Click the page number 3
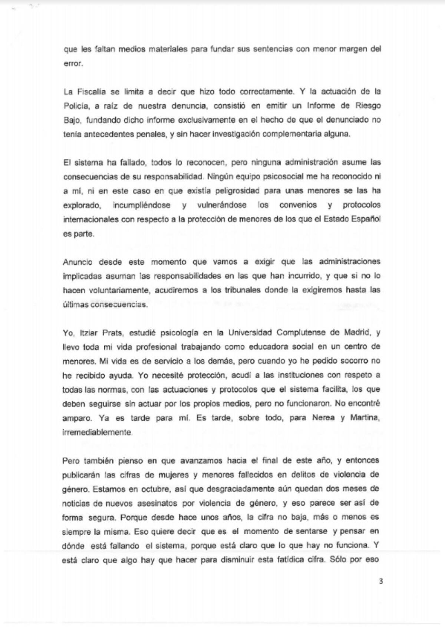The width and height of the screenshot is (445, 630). pyautogui.click(x=380, y=581)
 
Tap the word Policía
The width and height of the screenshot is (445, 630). pyautogui.click(x=76, y=106)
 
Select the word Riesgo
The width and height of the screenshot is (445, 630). pyautogui.click(x=368, y=106)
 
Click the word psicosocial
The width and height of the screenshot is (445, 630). pyautogui.click(x=285, y=177)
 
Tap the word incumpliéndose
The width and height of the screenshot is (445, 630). pyautogui.click(x=142, y=205)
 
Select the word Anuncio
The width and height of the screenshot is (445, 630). pyautogui.click(x=78, y=262)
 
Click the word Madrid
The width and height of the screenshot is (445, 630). pyautogui.click(x=357, y=332)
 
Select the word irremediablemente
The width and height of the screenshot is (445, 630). pyautogui.click(x=97, y=432)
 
